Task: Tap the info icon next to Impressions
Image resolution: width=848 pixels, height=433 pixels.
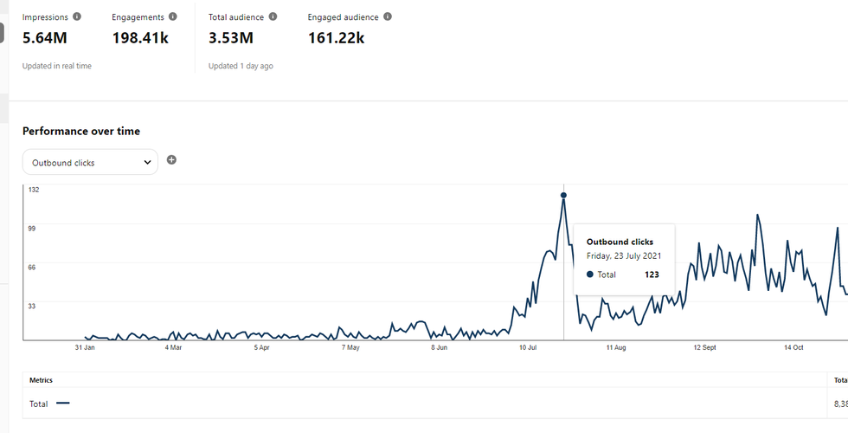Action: pos(78,16)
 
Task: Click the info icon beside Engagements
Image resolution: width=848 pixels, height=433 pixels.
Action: pos(173,16)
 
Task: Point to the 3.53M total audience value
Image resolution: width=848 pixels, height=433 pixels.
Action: pos(231,37)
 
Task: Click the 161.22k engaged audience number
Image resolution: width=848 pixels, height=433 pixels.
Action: pos(336,37)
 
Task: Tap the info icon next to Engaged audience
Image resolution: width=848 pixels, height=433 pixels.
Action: pos(387,16)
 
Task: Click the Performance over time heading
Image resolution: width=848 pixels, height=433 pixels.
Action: pos(81,131)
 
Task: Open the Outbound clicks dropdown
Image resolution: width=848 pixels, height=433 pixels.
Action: pos(90,162)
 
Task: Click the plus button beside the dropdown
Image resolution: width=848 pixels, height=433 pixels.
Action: pos(171,160)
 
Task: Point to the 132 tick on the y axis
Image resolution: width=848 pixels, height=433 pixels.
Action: pos(34,189)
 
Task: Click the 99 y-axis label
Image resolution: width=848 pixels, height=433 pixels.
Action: pos(33,228)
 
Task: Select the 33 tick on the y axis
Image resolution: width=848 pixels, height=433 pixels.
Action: pos(33,306)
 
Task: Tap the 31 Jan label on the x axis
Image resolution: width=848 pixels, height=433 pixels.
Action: pos(85,347)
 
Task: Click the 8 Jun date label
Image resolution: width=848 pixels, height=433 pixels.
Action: pos(440,347)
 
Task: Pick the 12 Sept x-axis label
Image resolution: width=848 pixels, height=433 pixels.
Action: pos(704,347)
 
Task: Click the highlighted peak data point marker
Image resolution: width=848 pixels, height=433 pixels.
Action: pos(563,196)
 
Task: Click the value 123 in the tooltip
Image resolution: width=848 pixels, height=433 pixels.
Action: pos(652,274)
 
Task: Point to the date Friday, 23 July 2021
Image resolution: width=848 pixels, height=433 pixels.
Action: pos(623,255)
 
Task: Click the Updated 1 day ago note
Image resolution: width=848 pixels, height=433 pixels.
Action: pos(241,66)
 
